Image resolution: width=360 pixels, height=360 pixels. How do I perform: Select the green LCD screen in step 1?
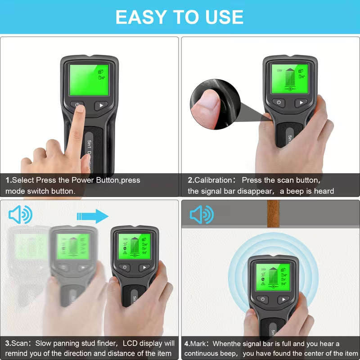pos(89,79)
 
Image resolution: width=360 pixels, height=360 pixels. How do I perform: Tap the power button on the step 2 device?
pos(279,103)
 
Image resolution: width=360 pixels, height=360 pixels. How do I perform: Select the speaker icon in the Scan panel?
pos(20,215)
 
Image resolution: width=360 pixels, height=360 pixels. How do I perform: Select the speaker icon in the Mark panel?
pos(201,215)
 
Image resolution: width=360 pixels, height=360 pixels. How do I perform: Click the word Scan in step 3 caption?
pos(21,344)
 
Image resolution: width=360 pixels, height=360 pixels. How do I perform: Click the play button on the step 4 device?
pos(283,299)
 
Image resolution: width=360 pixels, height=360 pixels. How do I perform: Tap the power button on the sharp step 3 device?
pos(125,267)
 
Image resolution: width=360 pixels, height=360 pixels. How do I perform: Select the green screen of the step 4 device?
pos(273,278)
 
